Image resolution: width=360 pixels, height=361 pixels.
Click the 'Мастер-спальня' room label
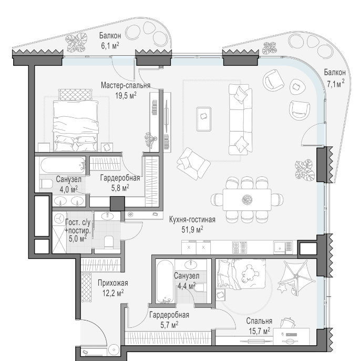coord(126,85)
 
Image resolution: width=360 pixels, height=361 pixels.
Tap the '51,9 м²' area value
coord(192,229)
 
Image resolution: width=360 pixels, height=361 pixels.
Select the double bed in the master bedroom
coord(76,121)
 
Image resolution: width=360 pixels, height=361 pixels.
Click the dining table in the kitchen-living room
coord(247,199)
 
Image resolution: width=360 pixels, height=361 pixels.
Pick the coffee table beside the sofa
coord(204,119)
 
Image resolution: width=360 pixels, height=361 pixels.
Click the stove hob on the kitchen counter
coord(239,247)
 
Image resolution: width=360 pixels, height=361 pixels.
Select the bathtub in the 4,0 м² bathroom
coord(63,165)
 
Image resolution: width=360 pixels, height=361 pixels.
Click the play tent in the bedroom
coord(296,277)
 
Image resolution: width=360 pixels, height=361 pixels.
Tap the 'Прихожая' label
coord(112,283)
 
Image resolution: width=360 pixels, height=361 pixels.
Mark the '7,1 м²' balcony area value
coord(336,84)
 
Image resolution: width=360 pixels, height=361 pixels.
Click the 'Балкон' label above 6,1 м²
coord(110,36)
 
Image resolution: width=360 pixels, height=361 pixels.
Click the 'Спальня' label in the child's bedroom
coord(259,320)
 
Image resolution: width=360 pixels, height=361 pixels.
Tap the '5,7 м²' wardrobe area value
coord(169,325)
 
